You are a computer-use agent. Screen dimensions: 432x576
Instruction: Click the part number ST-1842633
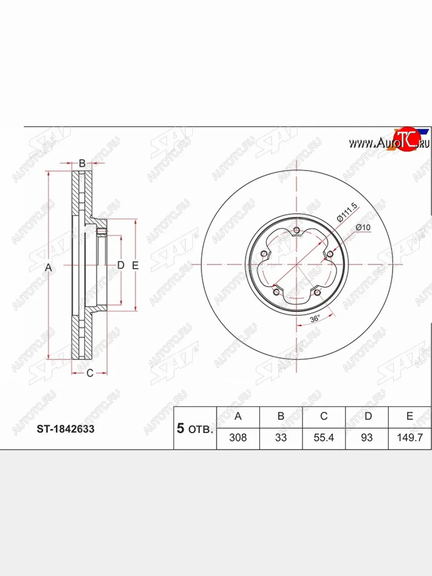click(66, 429)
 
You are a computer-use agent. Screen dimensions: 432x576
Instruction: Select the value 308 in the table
click(238, 438)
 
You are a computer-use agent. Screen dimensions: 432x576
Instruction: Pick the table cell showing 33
click(281, 438)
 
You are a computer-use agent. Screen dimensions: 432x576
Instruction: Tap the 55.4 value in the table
click(324, 438)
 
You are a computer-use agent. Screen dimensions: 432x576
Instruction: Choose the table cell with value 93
click(367, 438)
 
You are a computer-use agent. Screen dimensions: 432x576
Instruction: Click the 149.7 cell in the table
click(410, 438)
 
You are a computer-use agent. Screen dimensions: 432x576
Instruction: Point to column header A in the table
click(238, 416)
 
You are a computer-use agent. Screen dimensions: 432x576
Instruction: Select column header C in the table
click(324, 416)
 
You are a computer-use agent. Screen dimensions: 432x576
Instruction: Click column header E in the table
click(410, 416)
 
